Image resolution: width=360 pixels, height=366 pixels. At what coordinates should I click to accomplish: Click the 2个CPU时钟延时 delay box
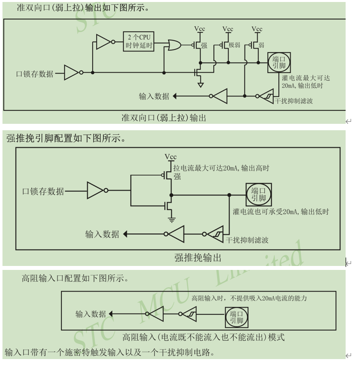click(138, 42)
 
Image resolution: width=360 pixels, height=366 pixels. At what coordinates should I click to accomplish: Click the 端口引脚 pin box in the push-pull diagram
click(258, 195)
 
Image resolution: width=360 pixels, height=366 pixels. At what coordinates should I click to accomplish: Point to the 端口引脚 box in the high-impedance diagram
click(238, 316)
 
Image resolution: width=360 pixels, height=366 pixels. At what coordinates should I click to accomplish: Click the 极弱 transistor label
click(234, 45)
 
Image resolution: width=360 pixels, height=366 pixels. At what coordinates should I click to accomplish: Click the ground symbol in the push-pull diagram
click(171, 218)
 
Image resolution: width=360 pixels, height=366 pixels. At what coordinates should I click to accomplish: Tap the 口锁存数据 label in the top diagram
click(35, 74)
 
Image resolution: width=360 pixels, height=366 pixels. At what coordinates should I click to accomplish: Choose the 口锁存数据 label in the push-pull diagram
click(43, 191)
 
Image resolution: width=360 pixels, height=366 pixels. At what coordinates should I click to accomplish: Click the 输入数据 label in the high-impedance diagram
click(91, 314)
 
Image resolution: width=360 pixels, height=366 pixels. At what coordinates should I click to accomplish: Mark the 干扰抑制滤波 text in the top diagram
click(296, 101)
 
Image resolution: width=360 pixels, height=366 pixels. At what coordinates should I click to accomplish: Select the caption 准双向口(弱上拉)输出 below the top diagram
click(164, 118)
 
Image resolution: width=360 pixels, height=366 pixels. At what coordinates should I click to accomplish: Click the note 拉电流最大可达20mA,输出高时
click(221, 168)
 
